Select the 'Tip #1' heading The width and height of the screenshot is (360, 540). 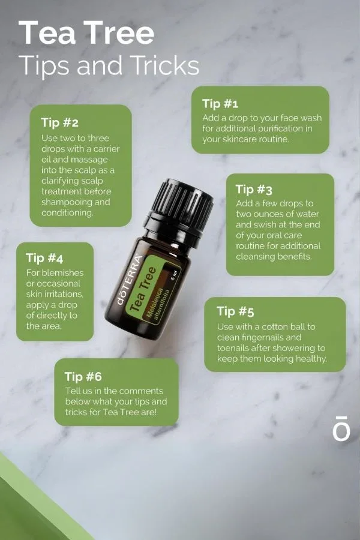(x=220, y=103)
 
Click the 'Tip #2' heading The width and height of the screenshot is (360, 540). (x=59, y=122)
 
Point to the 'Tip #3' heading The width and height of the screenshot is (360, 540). (x=254, y=189)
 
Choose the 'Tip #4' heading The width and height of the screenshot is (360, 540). (x=44, y=258)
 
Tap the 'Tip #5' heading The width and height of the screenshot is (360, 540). (x=235, y=311)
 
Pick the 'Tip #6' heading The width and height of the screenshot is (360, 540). (x=83, y=377)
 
